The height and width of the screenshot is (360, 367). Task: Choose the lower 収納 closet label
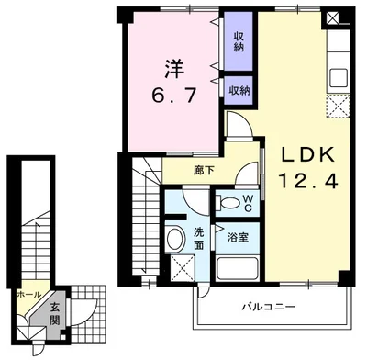pos(239,90)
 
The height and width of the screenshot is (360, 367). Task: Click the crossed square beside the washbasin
pos(182,269)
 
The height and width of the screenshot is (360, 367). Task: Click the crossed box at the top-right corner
pos(343,17)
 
